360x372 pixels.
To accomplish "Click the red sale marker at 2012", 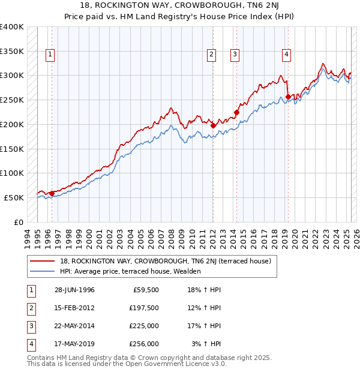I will click(x=213, y=125).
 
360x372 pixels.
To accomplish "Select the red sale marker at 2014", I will click(x=236, y=112).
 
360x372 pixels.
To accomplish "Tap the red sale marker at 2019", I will click(x=288, y=97).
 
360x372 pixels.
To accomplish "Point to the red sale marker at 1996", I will click(x=52, y=193).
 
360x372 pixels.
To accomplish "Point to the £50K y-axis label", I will click(x=14, y=197).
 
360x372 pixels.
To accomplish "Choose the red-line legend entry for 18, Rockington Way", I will click(x=166, y=261).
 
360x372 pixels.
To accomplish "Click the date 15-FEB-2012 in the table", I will click(x=74, y=308).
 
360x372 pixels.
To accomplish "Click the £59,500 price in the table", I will click(x=146, y=290).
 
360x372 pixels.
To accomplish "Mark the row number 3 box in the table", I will click(x=29, y=326).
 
